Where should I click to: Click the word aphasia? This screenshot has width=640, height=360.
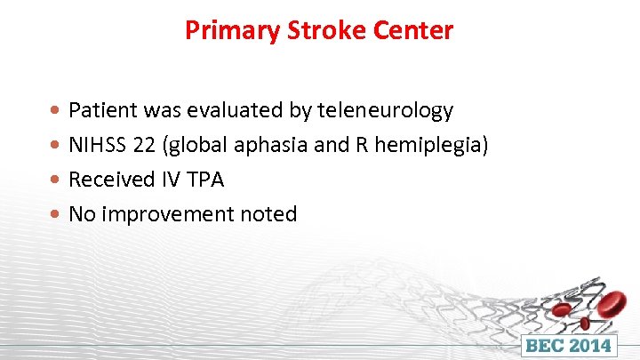[266, 145]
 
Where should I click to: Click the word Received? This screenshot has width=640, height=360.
[111, 180]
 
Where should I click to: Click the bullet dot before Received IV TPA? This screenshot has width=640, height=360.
[57, 180]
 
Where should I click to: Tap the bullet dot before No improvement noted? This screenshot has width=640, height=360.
[57, 215]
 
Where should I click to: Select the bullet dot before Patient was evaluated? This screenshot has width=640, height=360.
[57, 112]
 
